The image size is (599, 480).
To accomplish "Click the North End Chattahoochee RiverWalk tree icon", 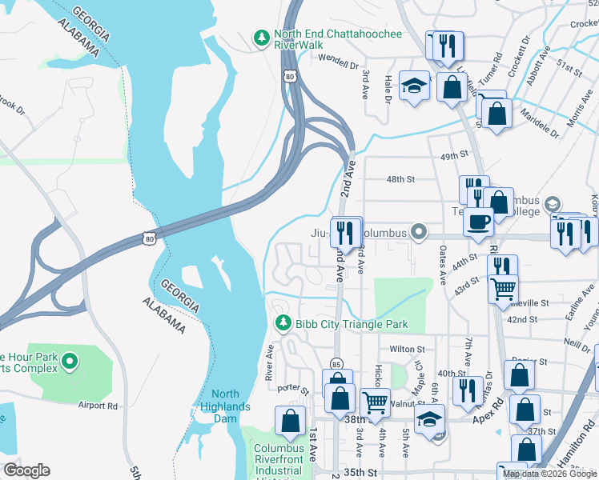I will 261,38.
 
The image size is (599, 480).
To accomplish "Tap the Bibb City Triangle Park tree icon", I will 282,323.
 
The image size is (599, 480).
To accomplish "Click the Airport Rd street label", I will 98,406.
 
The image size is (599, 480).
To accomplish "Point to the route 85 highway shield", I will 336,364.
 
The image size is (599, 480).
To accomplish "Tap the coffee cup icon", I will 478,222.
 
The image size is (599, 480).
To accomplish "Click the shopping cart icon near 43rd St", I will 502,290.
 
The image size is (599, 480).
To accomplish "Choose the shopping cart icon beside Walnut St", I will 374,402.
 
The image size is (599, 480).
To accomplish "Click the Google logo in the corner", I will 26,470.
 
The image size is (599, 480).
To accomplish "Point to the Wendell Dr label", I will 337,61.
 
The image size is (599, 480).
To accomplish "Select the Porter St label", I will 293,389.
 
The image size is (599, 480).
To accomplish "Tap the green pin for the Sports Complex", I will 70,362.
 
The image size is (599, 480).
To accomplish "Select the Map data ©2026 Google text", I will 549,474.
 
